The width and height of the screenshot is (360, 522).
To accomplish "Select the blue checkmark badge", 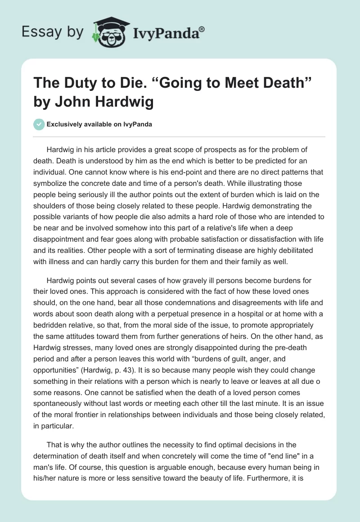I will click(39, 124).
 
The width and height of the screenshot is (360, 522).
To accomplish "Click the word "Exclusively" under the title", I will click(67, 125).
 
